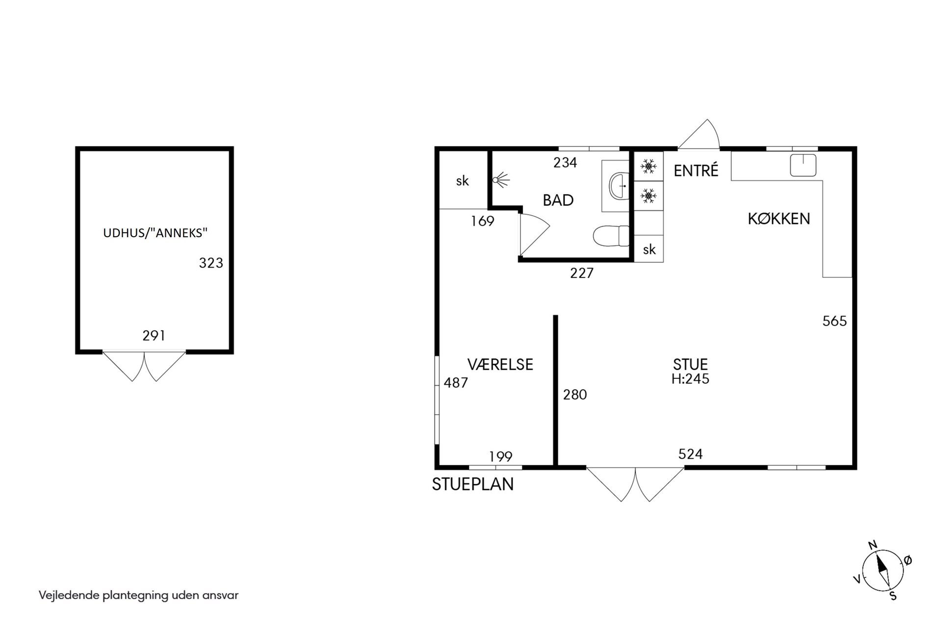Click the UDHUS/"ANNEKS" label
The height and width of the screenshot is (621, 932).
tap(155, 233)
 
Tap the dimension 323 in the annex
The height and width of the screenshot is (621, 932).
tap(211, 263)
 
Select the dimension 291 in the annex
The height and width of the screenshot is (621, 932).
tap(154, 336)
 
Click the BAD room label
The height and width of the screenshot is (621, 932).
tap(558, 200)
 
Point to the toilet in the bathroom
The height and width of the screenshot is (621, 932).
tap(611, 236)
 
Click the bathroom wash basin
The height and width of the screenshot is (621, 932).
tap(619, 186)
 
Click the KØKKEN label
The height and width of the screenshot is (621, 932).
tap(779, 219)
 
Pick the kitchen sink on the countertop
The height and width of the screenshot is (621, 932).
tap(803, 165)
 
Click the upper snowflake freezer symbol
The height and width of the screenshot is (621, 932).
tap(648, 167)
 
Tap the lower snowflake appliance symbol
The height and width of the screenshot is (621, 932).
tap(648, 197)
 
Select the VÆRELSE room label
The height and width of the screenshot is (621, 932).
tap(500, 364)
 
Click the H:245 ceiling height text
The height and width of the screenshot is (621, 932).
tap(691, 379)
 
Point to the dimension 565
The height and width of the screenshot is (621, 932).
tap(835, 321)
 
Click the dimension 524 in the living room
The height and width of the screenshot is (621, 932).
tap(691, 454)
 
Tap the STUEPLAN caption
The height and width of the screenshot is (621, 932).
tap(473, 484)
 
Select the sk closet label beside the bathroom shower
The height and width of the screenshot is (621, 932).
tap(463, 181)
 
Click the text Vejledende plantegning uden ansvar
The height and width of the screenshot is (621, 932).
tap(139, 596)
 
